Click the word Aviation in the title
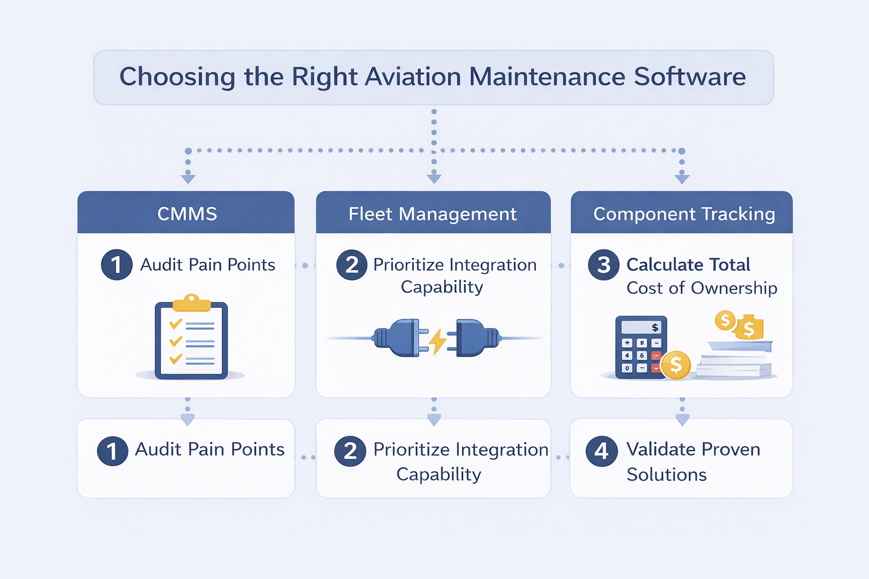pyautogui.click(x=412, y=77)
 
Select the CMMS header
pyautogui.click(x=187, y=214)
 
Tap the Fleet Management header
pyautogui.click(x=433, y=214)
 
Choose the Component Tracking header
pyautogui.click(x=683, y=214)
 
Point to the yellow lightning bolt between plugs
pyautogui.click(x=437, y=341)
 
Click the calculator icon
pyautogui.click(x=641, y=347)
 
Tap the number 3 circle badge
pyautogui.click(x=604, y=265)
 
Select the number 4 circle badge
pyautogui.click(x=601, y=451)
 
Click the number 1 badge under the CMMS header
pyautogui.click(x=117, y=265)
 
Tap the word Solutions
pyautogui.click(x=666, y=474)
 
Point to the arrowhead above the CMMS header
pyautogui.click(x=188, y=179)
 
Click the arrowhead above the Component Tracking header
pyautogui.click(x=682, y=179)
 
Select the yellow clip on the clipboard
pyautogui.click(x=192, y=303)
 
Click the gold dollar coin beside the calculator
pyautogui.click(x=676, y=365)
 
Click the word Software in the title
pyautogui.click(x=690, y=77)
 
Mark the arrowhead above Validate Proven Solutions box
pyautogui.click(x=682, y=420)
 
